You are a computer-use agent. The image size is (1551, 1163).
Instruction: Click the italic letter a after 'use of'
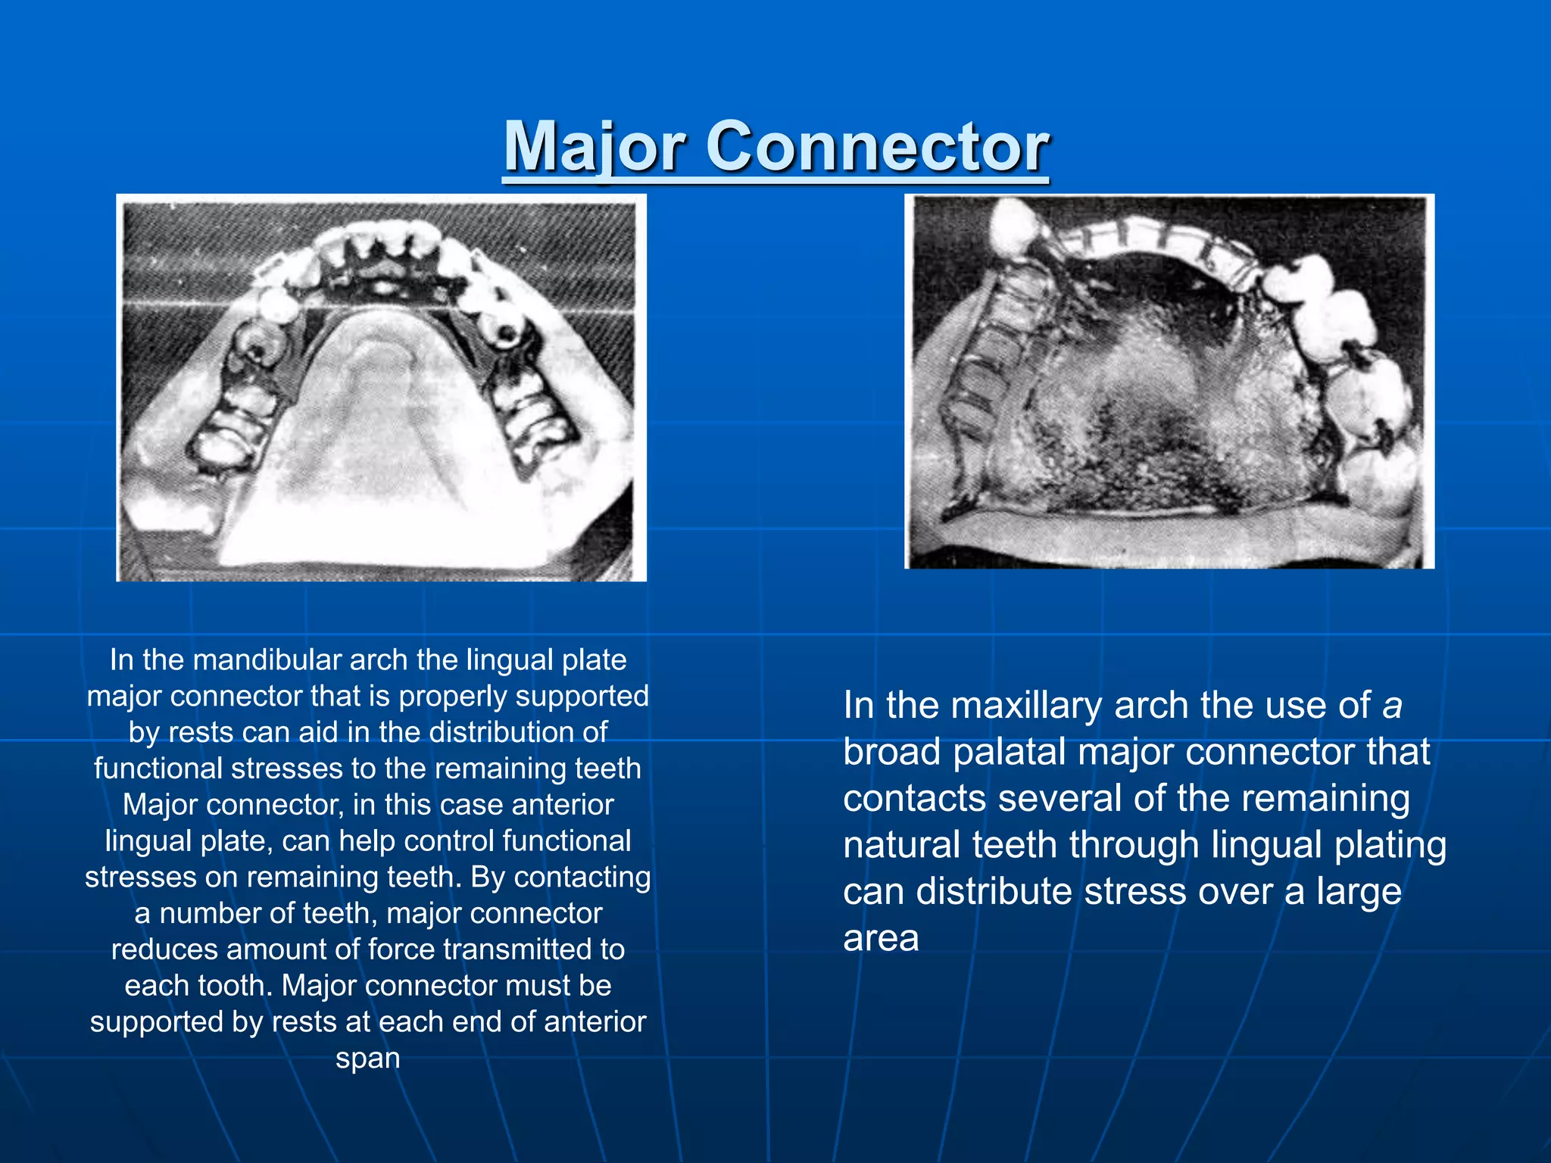point(1392,705)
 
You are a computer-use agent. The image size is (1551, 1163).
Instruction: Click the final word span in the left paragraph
point(367,1058)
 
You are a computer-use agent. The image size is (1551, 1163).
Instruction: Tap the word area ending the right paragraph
point(881,938)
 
